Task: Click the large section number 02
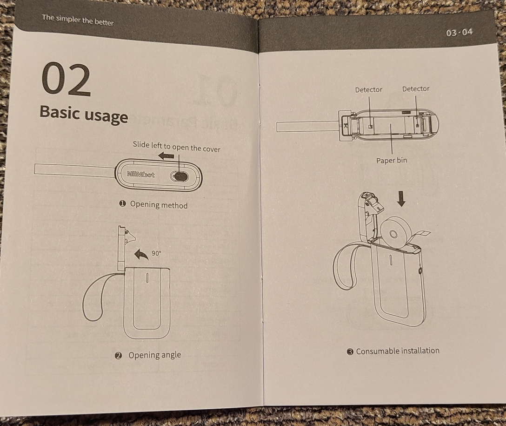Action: [x=66, y=80]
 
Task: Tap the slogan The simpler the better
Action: [x=78, y=20]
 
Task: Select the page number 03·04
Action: [x=459, y=32]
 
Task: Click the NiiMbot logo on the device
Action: [x=140, y=175]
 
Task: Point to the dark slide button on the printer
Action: [x=179, y=176]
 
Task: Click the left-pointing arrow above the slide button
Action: [x=166, y=156]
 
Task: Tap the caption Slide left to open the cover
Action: [x=177, y=147]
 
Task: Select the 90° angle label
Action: [x=156, y=253]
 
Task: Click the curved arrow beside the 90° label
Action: [x=141, y=255]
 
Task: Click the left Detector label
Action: [x=368, y=90]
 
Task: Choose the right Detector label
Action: [x=416, y=89]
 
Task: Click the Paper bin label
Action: [x=392, y=161]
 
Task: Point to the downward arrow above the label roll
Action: [x=401, y=198]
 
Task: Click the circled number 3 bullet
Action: [x=350, y=352]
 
